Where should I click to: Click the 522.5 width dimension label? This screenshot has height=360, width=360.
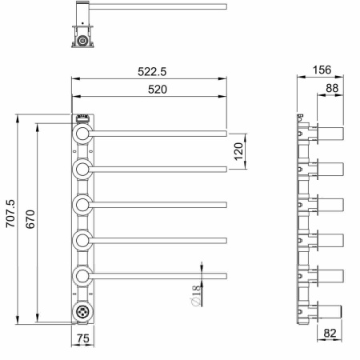click(x=152, y=71)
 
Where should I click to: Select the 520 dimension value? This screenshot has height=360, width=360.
click(x=158, y=90)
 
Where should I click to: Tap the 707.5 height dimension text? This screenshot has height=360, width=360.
click(x=11, y=214)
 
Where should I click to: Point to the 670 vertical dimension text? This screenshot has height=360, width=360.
click(x=30, y=219)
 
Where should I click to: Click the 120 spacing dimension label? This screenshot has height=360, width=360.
click(x=238, y=151)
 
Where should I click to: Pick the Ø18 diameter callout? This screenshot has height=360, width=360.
click(x=195, y=295)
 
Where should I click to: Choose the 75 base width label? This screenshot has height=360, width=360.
click(x=83, y=338)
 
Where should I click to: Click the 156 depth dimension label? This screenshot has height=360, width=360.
click(x=322, y=70)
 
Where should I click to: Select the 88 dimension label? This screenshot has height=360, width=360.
click(x=332, y=88)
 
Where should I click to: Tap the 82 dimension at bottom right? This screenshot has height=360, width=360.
click(x=330, y=333)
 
